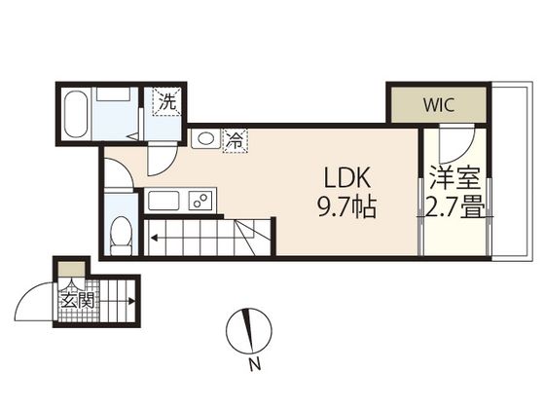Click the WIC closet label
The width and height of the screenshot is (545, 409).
click(x=439, y=105)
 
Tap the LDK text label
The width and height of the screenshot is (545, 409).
click(x=346, y=177)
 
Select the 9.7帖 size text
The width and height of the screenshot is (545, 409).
click(x=347, y=206)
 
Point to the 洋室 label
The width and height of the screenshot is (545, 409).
click(x=455, y=177)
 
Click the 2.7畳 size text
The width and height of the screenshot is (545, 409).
click(x=455, y=207)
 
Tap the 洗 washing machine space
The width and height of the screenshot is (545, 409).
click(x=167, y=102)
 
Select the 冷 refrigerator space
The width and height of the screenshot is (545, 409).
click(x=235, y=140)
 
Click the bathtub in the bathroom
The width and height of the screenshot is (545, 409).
click(x=76, y=114)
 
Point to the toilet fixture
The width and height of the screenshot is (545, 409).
click(x=121, y=236)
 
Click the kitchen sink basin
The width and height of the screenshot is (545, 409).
click(x=163, y=201)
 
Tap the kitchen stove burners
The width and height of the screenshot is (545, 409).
click(x=200, y=201)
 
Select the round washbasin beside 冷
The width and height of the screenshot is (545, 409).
click(x=206, y=138)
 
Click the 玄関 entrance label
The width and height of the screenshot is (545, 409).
click(x=78, y=300)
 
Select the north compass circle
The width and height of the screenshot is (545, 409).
click(x=248, y=330)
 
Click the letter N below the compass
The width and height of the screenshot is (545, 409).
click(x=255, y=364)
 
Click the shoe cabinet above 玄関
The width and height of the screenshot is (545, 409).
click(x=71, y=269)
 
